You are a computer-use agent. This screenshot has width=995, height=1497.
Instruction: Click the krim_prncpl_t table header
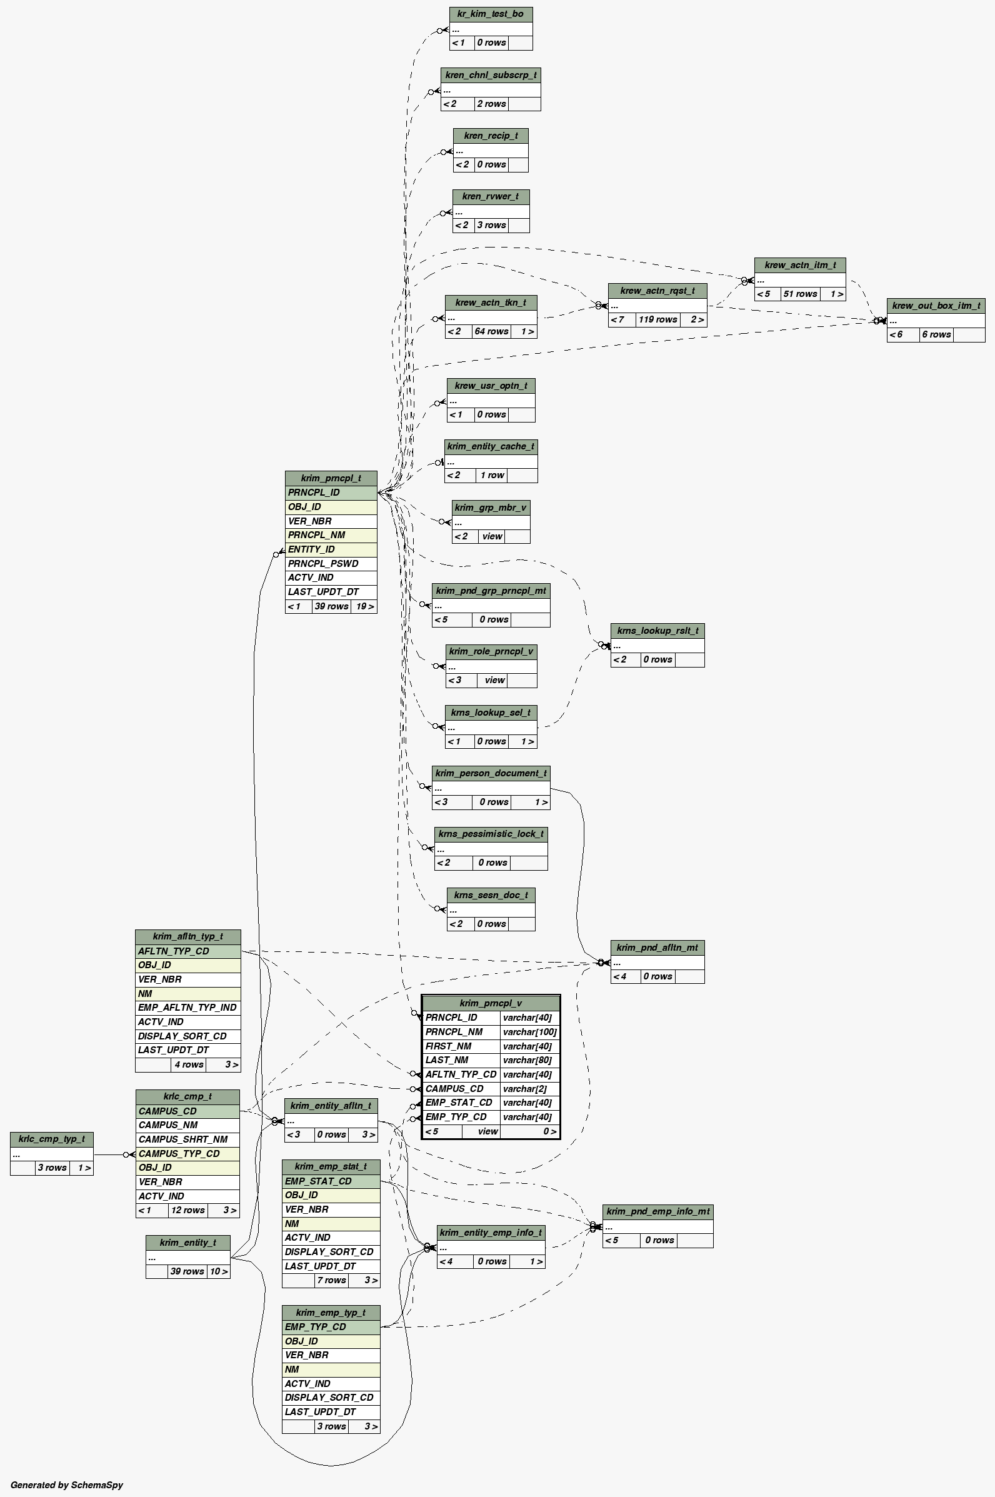(331, 478)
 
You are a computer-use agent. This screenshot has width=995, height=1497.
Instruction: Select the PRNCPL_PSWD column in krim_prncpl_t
(323, 564)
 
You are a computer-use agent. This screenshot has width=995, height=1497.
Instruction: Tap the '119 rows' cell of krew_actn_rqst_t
(657, 320)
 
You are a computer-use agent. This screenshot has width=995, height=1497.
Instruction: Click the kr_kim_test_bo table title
(491, 14)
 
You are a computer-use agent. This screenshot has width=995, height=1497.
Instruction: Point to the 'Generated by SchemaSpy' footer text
(67, 1484)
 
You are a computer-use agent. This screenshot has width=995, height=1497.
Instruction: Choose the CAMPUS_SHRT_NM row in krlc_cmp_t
(182, 1139)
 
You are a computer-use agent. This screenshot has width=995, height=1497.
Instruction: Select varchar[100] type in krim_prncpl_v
(529, 1032)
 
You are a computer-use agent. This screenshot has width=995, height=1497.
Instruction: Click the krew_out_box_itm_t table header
(936, 305)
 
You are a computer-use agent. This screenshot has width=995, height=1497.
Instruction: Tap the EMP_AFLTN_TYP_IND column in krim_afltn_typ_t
(187, 1008)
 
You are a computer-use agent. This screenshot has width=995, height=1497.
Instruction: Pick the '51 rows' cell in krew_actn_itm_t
(799, 294)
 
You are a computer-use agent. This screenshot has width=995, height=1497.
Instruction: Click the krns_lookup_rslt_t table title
(657, 631)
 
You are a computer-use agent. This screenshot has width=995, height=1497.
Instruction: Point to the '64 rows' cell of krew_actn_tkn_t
(491, 331)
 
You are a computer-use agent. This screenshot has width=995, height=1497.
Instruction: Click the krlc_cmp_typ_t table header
(51, 1139)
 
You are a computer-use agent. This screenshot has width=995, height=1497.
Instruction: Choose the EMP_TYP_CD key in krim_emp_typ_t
(316, 1327)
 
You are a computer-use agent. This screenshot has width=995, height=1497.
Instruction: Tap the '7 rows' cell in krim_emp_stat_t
(331, 1280)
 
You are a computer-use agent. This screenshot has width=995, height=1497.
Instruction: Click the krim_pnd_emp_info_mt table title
(657, 1211)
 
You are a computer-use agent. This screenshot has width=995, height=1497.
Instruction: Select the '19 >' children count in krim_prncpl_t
(364, 606)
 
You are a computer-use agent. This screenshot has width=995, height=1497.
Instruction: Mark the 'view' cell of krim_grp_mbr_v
(492, 536)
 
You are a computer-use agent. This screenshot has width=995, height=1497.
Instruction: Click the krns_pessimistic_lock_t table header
(491, 834)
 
